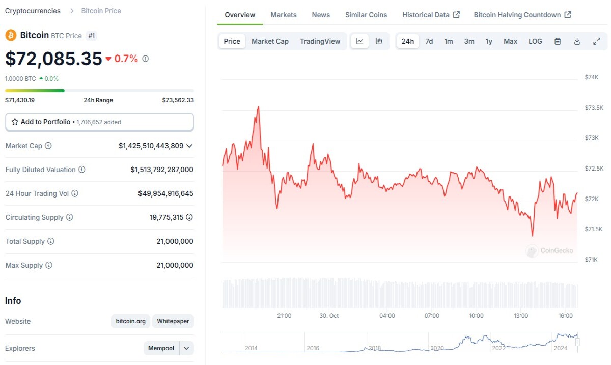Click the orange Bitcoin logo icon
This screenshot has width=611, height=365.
[11, 35]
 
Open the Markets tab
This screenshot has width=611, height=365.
[284, 15]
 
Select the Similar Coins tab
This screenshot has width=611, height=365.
[366, 15]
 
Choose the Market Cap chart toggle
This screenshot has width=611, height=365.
[270, 41]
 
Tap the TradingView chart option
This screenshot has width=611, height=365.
[320, 41]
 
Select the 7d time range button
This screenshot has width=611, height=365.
[429, 41]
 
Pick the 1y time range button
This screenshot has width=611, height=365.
[489, 41]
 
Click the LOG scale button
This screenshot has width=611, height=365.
[535, 41]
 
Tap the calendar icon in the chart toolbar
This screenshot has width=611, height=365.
[558, 41]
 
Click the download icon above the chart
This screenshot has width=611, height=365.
[577, 41]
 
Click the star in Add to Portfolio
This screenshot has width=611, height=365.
[15, 122]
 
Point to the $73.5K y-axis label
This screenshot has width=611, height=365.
[594, 108]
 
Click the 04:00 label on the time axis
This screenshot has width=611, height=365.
[387, 316]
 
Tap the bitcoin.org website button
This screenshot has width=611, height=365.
[130, 321]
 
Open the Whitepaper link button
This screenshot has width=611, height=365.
[173, 321]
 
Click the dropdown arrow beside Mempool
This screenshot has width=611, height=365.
[186, 348]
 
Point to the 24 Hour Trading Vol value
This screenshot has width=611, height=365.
[165, 193]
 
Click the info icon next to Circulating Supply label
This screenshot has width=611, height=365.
[70, 217]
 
